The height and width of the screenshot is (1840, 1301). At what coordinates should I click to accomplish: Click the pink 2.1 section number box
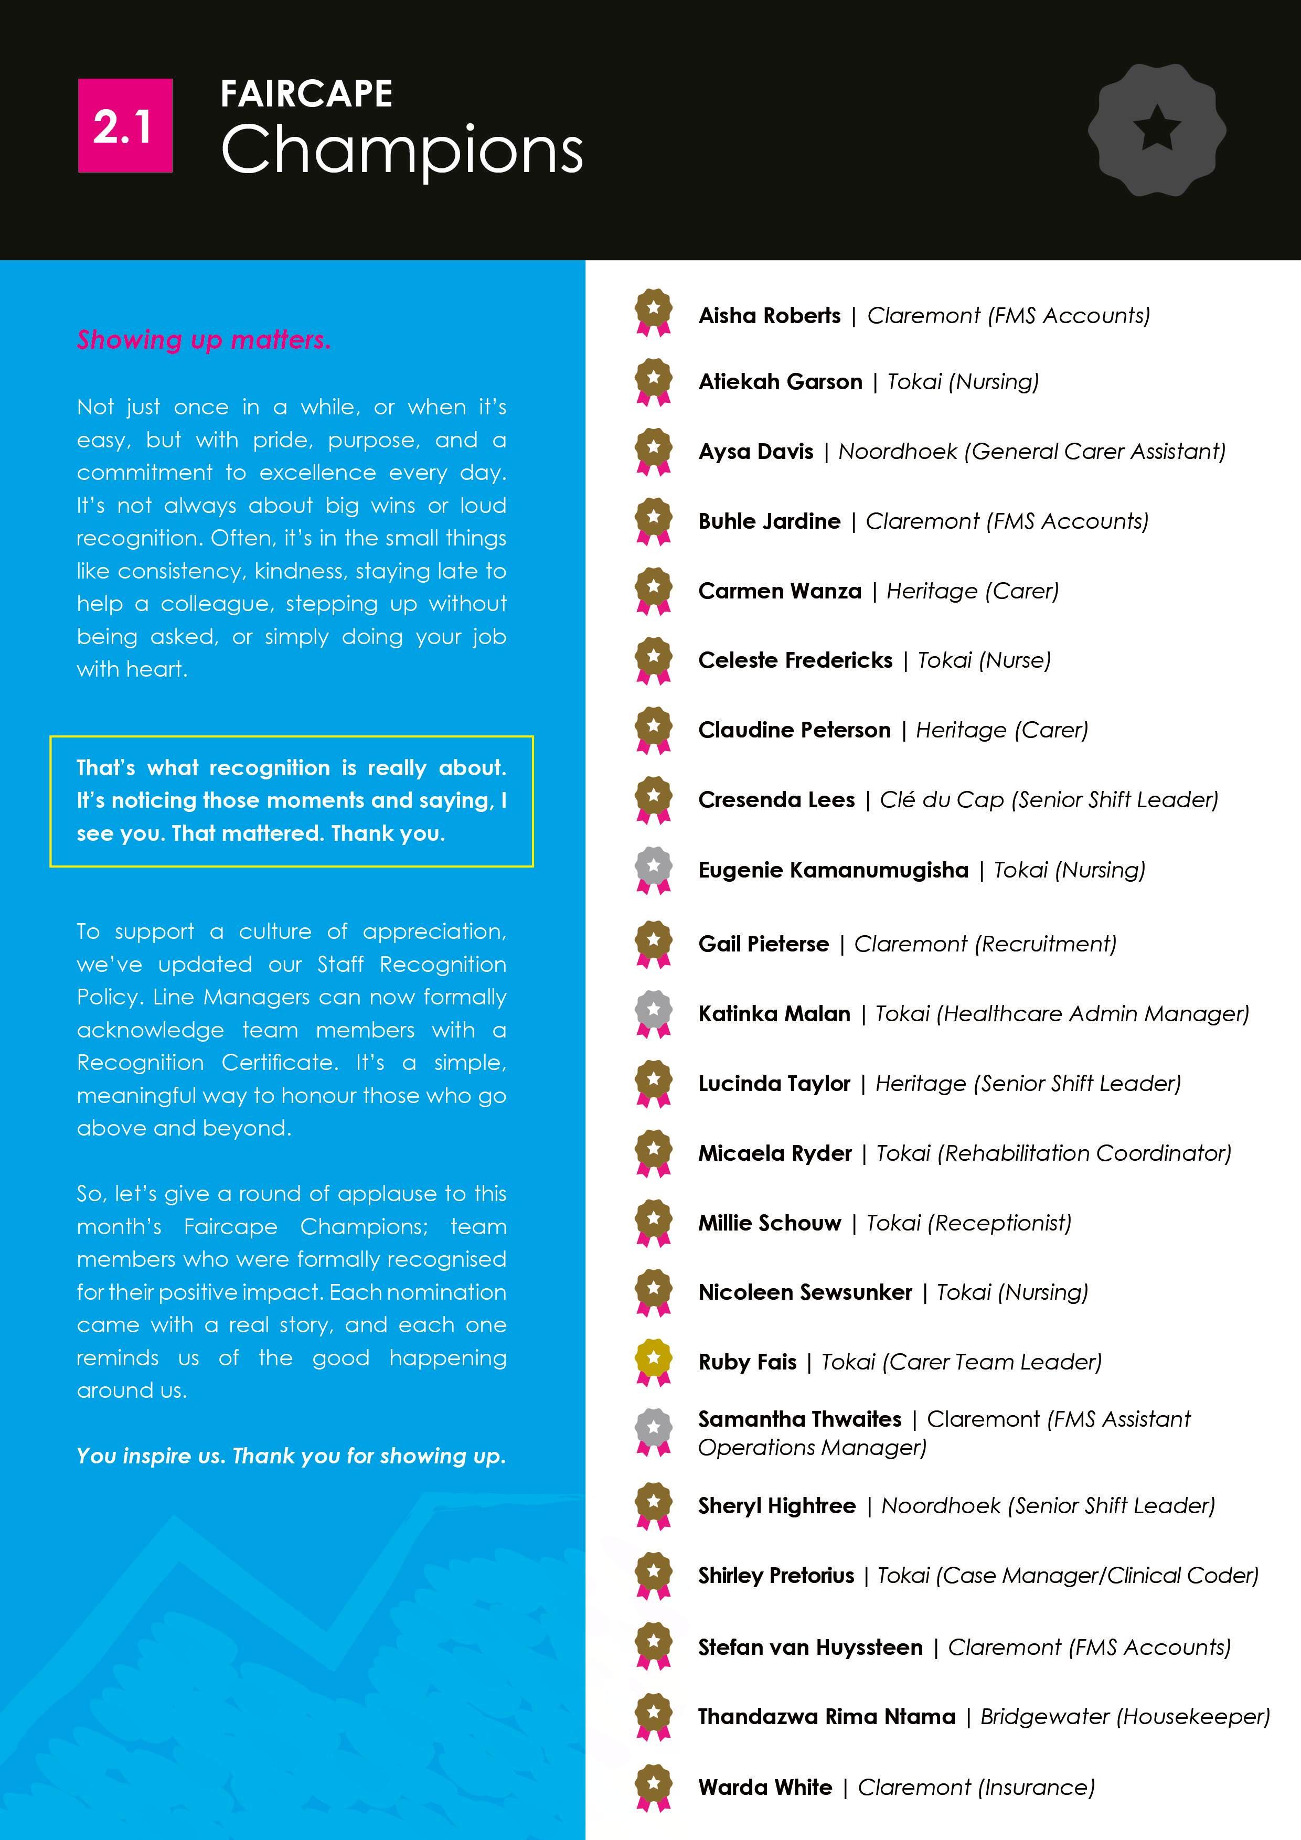125,126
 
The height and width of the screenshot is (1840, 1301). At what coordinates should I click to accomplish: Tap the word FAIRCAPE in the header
306,94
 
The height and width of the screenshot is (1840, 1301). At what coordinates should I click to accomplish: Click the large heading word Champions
402,150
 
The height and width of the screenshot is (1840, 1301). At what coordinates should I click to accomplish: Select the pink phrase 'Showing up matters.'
204,340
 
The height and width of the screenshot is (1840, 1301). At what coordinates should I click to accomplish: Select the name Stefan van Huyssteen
809,1647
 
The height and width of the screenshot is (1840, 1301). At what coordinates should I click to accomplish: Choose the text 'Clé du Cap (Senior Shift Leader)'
1049,800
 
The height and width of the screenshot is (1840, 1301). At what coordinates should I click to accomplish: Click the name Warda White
765,1787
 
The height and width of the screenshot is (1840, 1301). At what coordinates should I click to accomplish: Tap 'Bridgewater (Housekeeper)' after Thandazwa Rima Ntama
1125,1717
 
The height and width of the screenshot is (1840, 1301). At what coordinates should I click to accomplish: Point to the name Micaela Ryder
774,1153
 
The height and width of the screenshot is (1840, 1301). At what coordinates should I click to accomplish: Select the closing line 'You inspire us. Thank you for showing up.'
291,1456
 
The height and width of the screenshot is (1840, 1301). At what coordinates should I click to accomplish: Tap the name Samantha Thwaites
799,1419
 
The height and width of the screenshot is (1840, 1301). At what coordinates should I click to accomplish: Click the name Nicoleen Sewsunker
805,1292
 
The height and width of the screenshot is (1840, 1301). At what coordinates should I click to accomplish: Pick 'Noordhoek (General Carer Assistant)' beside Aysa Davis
1032,452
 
